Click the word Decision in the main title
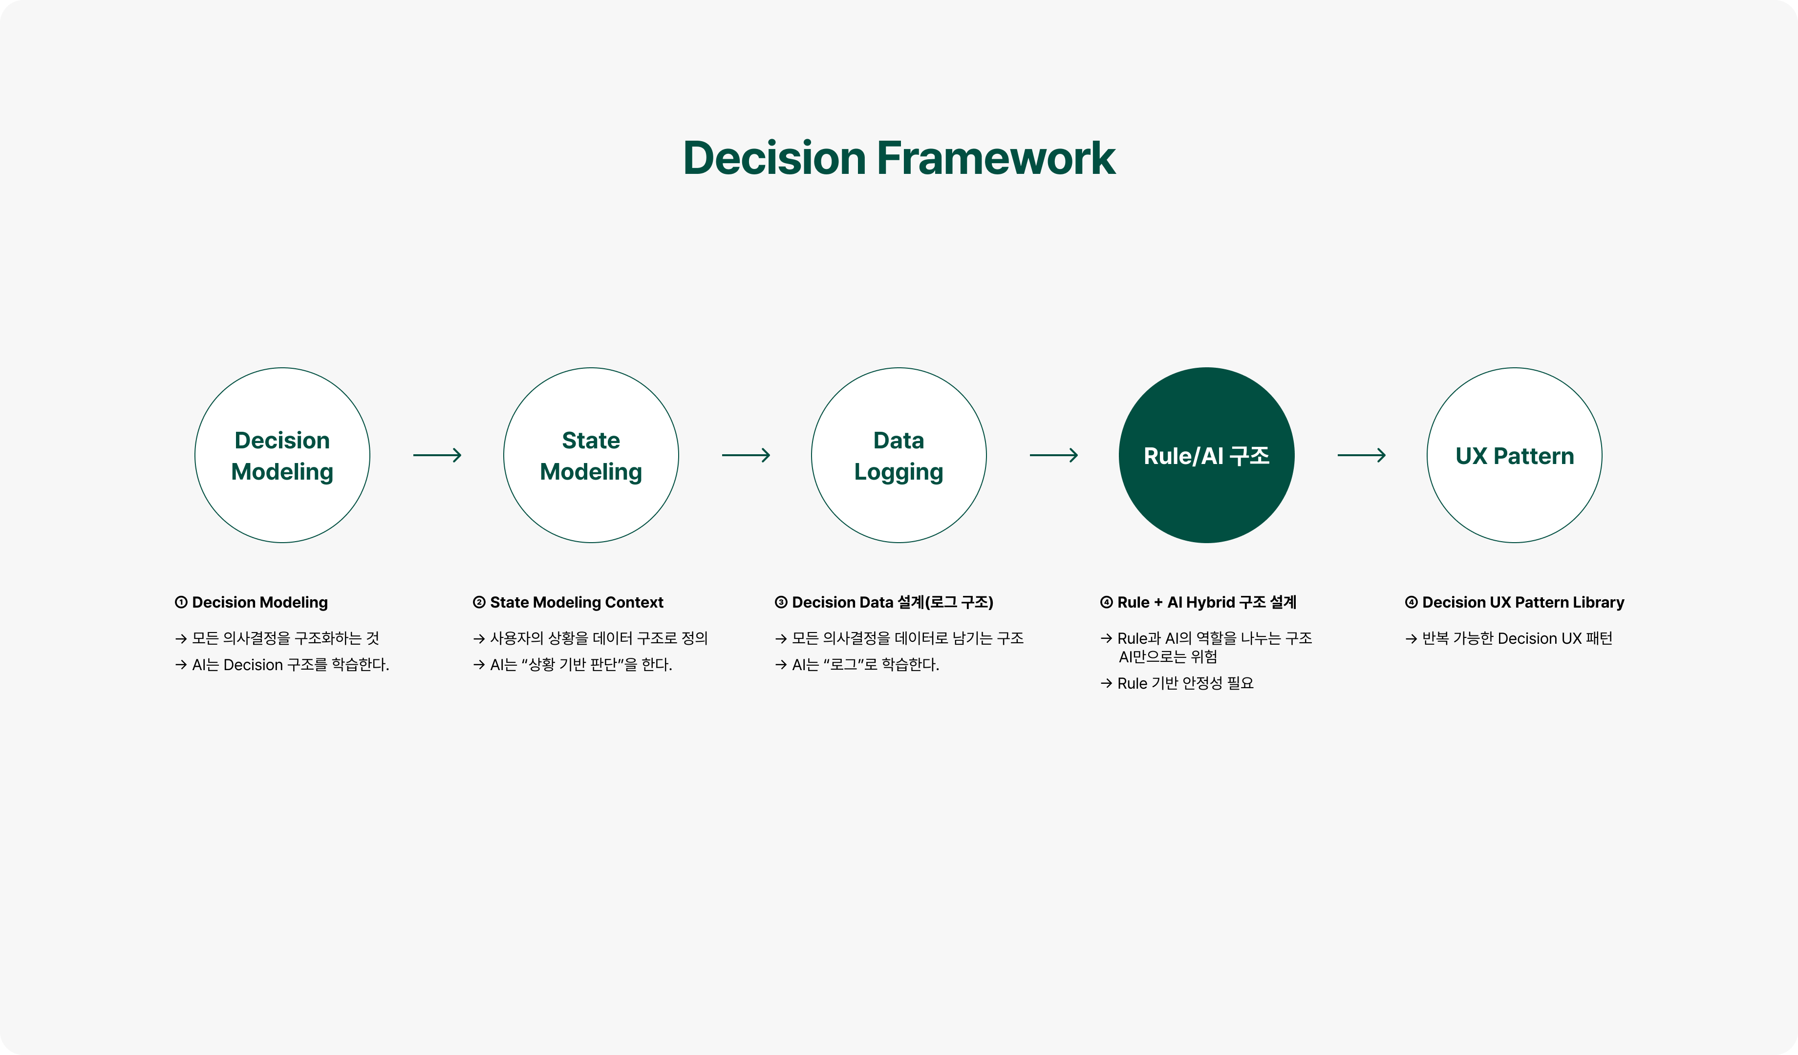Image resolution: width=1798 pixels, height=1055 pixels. click(x=774, y=158)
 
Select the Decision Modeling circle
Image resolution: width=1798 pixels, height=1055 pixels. click(x=282, y=455)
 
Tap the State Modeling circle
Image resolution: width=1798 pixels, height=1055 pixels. click(x=591, y=455)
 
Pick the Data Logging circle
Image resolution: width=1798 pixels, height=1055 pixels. click(x=899, y=455)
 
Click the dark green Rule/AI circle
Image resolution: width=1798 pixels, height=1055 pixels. click(x=1206, y=455)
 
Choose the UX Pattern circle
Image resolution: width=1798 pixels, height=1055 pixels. click(x=1514, y=455)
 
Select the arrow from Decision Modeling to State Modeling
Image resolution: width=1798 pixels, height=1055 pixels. click(x=437, y=455)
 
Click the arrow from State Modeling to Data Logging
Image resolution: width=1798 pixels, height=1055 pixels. click(x=746, y=455)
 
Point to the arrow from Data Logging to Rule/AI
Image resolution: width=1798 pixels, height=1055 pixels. click(x=1053, y=455)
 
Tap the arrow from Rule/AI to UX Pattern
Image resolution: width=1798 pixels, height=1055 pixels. click(x=1361, y=455)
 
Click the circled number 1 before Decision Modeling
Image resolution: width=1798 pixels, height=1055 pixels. click(x=181, y=602)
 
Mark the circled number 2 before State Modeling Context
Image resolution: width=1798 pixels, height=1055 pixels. click(x=479, y=602)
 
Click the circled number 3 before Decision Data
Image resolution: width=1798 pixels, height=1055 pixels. click(x=781, y=602)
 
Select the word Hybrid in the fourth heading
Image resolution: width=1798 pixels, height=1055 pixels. click(x=1210, y=602)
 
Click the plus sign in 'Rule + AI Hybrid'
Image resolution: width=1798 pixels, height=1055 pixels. click(x=1158, y=603)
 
